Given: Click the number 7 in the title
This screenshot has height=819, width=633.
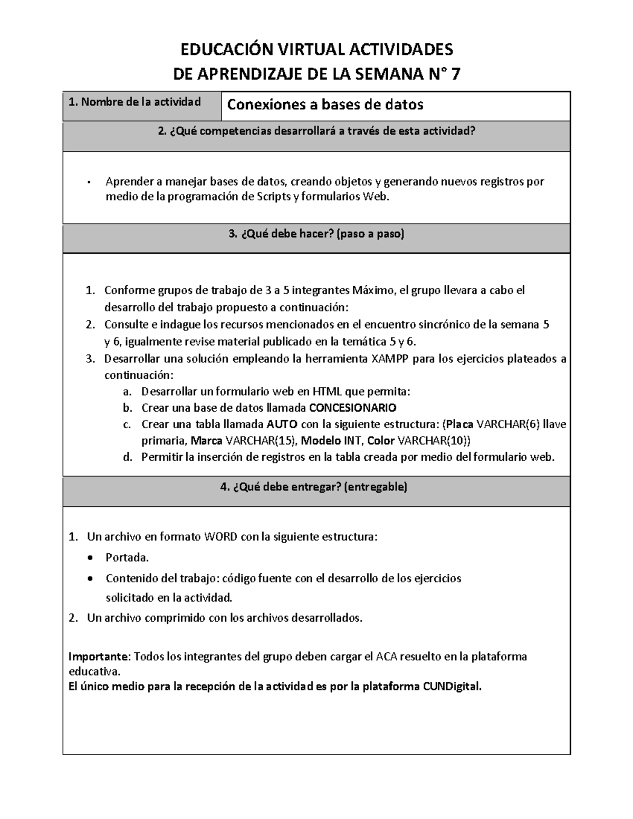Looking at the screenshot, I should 454,74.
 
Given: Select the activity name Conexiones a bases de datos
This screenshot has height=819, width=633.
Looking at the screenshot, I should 325,105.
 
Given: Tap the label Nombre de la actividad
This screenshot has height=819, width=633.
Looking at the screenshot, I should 135,102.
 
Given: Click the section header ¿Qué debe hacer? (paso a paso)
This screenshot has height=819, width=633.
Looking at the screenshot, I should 316,234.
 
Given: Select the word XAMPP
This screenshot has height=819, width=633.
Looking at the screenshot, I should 390,359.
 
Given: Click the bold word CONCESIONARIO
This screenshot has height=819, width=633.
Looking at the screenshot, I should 352,408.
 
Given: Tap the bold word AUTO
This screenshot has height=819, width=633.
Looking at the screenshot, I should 282,424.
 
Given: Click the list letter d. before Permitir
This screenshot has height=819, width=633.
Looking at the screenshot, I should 127,457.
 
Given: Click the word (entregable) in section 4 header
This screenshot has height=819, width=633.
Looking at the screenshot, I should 376,487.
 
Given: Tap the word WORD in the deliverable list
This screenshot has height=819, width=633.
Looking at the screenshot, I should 221,537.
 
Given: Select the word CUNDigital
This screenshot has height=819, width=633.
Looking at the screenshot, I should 452,687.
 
